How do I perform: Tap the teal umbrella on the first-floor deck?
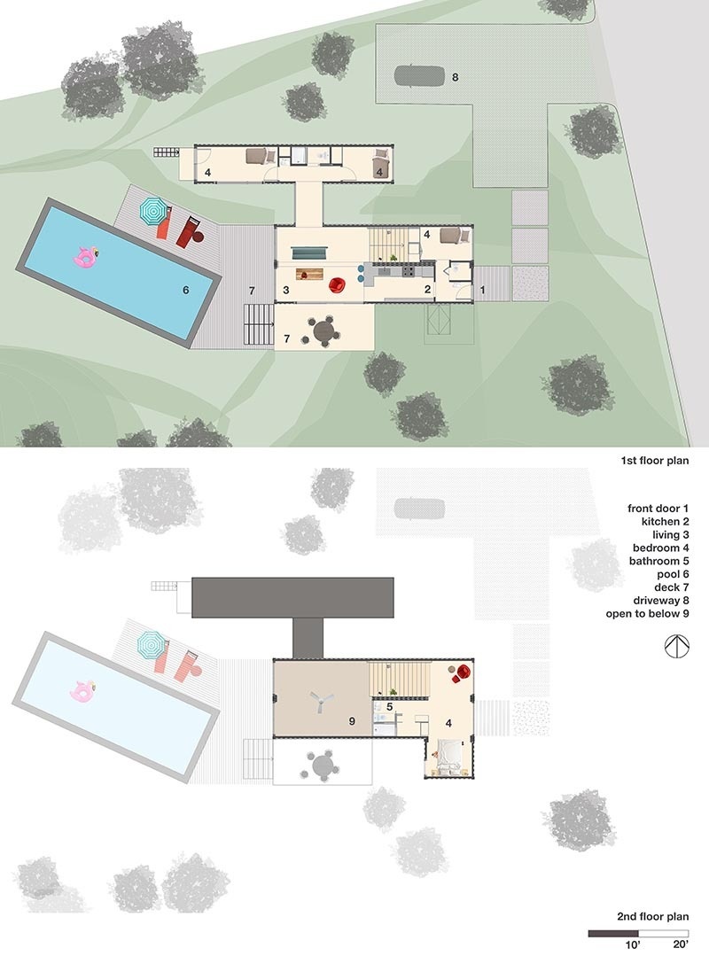(x=152, y=211)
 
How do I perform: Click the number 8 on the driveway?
(x=456, y=78)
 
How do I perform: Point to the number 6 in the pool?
(x=185, y=289)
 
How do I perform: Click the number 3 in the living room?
(x=286, y=290)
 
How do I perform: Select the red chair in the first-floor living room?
(x=338, y=284)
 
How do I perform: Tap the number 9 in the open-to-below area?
(x=352, y=722)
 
